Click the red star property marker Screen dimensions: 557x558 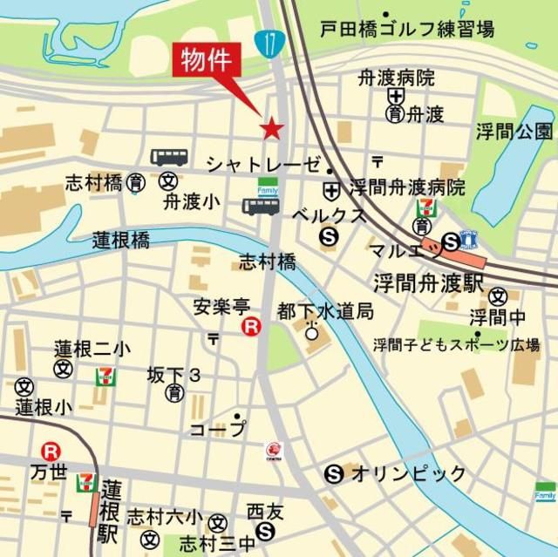click(272, 129)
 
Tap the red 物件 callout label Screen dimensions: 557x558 click(207, 61)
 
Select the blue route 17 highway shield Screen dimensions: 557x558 click(266, 42)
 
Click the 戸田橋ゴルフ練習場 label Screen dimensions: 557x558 click(406, 28)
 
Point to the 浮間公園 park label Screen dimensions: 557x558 click(514, 132)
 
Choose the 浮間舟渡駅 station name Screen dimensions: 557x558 click(429, 282)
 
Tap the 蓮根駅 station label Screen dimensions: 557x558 click(109, 510)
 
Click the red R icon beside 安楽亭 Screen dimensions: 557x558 click(251, 327)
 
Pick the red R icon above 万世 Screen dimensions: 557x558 click(51, 451)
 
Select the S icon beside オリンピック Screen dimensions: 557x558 click(332, 474)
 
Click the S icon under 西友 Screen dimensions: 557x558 click(266, 531)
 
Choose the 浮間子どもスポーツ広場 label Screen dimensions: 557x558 click(456, 343)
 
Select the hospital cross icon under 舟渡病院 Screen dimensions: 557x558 click(397, 96)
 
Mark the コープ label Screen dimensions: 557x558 click(218, 429)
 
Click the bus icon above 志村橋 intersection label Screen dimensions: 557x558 click(261, 207)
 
